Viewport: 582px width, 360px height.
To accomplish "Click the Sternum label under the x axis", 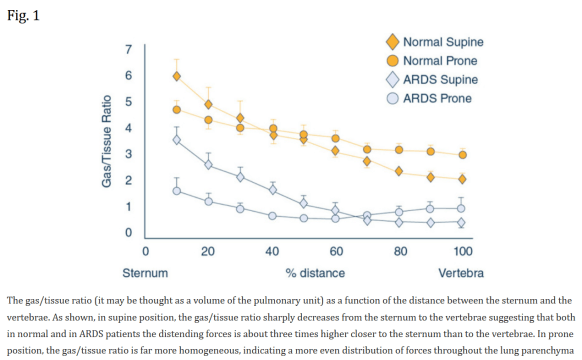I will (x=144, y=272).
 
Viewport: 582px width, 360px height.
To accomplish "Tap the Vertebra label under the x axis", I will (x=462, y=272).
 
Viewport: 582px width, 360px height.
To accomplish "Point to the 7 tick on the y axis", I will (x=128, y=49).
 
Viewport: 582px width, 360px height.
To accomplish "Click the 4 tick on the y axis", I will (x=128, y=128).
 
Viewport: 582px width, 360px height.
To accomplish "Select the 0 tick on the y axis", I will (x=128, y=233).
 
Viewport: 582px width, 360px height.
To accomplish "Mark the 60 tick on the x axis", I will (x=335, y=250).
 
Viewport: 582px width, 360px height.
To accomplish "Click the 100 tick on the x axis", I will (x=461, y=250).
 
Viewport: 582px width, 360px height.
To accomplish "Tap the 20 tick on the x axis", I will (x=208, y=250).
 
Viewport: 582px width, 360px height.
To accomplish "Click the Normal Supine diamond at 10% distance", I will (x=177, y=76).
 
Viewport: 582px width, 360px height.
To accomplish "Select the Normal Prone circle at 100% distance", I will (x=462, y=155).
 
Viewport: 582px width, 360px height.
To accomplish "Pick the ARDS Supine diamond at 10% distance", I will (x=177, y=139).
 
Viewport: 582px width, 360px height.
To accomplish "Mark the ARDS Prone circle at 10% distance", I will (x=177, y=191).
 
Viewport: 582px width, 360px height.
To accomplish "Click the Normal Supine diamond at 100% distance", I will (x=462, y=179).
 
